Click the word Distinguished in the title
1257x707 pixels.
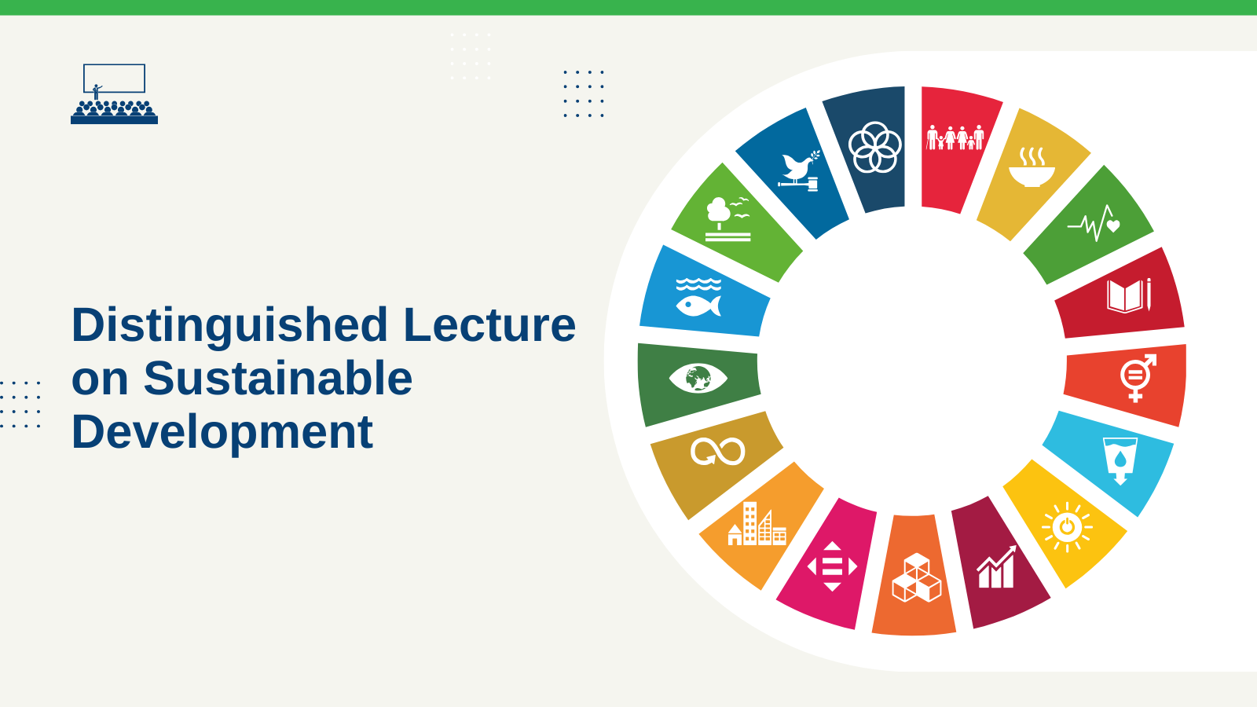point(229,325)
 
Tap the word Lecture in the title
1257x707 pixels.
point(489,324)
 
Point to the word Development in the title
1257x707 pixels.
point(222,433)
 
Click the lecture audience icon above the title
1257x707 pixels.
point(114,93)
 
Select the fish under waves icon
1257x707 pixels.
point(698,298)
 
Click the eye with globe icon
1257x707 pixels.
point(698,378)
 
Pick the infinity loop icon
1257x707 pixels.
point(718,452)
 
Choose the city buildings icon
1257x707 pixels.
point(757,523)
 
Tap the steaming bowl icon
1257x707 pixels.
point(1032,167)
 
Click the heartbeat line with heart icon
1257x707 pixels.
point(1094,223)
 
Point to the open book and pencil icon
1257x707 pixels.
point(1129,295)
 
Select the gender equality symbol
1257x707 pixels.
point(1138,378)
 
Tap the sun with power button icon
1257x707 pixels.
point(1067,527)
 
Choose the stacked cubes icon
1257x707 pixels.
point(917,577)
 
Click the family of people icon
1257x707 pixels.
point(955,137)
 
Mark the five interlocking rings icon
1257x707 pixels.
point(875,148)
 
